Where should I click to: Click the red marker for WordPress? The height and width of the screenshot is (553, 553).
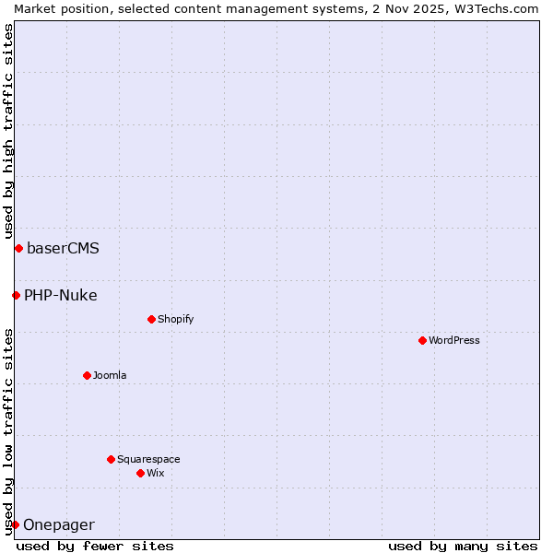(x=422, y=340)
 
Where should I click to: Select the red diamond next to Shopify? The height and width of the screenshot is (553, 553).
(x=151, y=319)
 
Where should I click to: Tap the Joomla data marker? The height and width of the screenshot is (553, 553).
(x=87, y=375)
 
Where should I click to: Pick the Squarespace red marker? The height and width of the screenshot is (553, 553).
(x=111, y=459)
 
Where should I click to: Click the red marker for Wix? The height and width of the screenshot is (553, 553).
(x=140, y=473)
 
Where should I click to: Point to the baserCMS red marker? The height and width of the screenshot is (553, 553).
(x=18, y=248)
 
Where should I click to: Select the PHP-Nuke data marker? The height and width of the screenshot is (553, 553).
(x=16, y=295)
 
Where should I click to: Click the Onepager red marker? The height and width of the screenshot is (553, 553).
(x=15, y=524)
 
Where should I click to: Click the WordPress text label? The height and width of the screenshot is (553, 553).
(x=454, y=340)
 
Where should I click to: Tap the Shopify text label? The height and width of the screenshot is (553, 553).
(x=175, y=319)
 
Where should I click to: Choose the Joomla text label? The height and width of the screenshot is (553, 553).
(x=110, y=375)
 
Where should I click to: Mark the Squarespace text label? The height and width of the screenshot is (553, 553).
(x=148, y=459)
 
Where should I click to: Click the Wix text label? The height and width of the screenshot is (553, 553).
(x=155, y=473)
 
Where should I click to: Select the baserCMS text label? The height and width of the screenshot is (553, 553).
(x=63, y=248)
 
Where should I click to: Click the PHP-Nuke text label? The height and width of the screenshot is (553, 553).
(x=61, y=295)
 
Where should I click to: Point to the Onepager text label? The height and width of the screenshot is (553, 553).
(x=59, y=525)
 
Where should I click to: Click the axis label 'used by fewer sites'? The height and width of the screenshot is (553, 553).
(x=95, y=546)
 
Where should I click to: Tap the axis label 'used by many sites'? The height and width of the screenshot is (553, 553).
(x=463, y=546)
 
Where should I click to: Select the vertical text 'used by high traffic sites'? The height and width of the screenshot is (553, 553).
(x=8, y=131)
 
